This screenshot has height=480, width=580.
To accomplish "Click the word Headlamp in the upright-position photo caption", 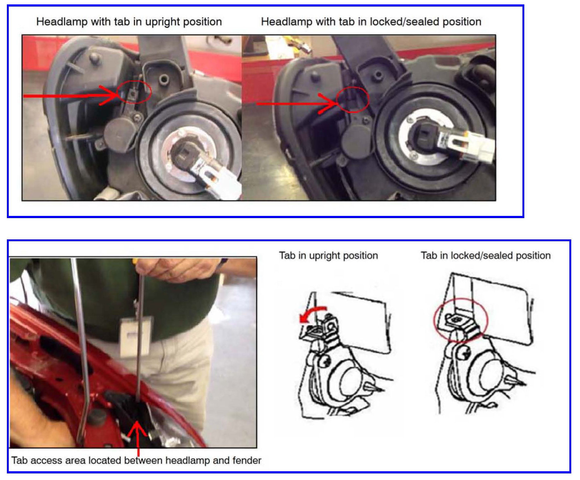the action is click(x=62, y=22).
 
